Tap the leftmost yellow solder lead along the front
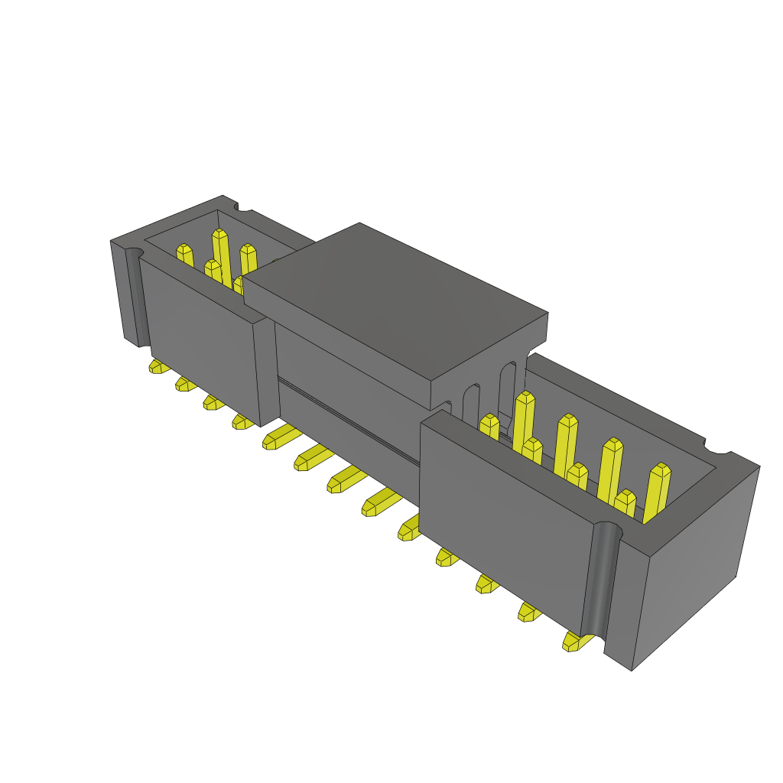point(158,367)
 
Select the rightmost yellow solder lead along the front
point(574,641)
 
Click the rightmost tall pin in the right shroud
point(658,489)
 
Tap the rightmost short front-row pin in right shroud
point(625,502)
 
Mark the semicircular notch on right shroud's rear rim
point(716,451)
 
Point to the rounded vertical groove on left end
point(134,298)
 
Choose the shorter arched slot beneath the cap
point(471,401)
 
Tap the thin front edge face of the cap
point(336,344)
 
